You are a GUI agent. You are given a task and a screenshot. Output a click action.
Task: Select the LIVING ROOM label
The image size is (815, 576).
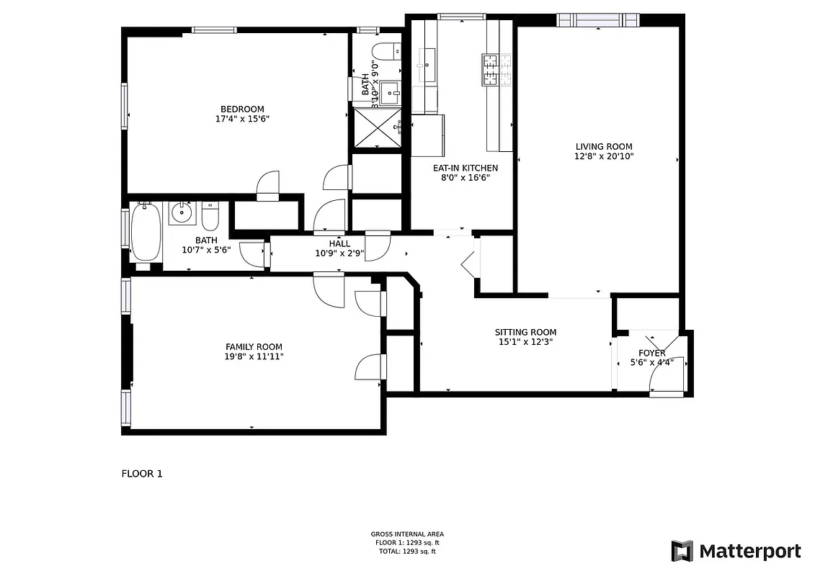[x=603, y=146]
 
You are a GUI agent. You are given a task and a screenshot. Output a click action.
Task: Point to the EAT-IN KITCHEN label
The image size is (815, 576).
[x=465, y=168]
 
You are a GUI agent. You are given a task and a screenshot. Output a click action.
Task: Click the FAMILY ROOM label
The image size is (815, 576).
[x=254, y=346]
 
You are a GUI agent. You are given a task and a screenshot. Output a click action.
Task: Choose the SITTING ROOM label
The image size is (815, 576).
[x=525, y=332]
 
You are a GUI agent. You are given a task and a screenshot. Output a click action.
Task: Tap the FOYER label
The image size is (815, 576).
[x=652, y=353]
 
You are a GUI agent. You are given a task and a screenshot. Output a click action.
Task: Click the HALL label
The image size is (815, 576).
[x=339, y=244]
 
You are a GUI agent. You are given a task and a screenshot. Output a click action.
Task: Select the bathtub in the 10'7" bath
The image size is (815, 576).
[x=146, y=232]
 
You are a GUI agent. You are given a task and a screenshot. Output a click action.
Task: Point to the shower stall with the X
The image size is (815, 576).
[x=375, y=130]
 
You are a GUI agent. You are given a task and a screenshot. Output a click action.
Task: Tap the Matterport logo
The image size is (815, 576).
[x=736, y=551]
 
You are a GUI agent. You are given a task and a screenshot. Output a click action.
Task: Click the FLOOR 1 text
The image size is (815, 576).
[x=141, y=474]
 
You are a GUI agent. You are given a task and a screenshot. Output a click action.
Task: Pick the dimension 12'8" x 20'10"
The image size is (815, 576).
[x=603, y=156]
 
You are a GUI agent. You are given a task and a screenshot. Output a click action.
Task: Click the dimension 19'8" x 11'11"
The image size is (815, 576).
[x=254, y=356]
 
